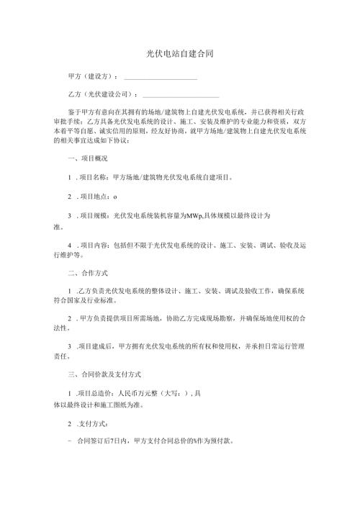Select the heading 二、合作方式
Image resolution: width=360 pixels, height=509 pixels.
click(87, 274)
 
